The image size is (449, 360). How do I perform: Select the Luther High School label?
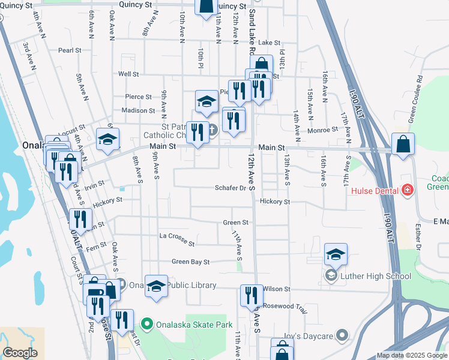(x=376, y=276)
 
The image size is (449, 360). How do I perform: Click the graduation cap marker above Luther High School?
(x=336, y=254)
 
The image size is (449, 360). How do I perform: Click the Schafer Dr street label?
(x=231, y=188)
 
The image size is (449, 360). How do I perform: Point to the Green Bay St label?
(x=190, y=262)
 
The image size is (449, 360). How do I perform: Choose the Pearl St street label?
(x=70, y=50)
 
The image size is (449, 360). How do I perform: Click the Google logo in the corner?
(x=20, y=353)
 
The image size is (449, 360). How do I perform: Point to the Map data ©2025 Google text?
(x=411, y=355)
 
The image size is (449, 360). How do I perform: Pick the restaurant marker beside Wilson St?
(x=251, y=295)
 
